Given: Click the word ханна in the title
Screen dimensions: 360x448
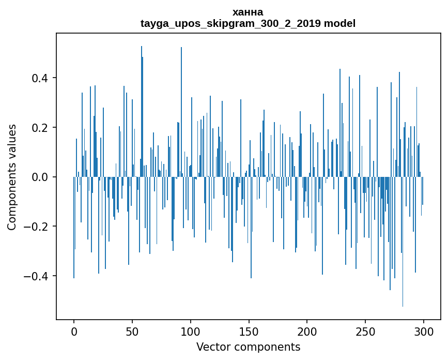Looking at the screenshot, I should (248, 12).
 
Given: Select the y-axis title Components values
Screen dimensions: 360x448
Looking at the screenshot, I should (12, 177).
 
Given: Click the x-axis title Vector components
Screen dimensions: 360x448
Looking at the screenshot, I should (248, 347).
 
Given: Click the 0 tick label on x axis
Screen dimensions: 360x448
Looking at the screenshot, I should (74, 331).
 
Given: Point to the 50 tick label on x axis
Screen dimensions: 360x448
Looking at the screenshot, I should (132, 331).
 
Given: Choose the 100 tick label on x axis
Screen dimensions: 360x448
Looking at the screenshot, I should (191, 331).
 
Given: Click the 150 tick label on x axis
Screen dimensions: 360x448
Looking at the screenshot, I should (249, 331).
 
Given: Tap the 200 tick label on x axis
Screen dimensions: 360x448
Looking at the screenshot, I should (307, 331).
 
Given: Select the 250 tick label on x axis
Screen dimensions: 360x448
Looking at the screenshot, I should (365, 331).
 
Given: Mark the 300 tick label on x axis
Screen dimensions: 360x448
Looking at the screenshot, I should (424, 331).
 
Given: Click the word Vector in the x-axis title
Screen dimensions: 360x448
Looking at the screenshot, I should (211, 347).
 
